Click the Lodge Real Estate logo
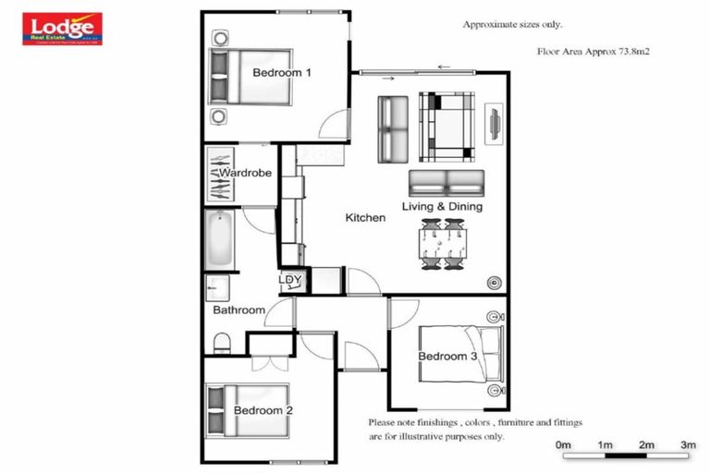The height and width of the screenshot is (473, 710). point(62,29)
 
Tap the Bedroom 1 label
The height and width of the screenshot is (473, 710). point(281,72)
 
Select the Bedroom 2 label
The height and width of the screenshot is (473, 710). point(263,410)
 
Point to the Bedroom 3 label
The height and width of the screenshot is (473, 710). point(447,357)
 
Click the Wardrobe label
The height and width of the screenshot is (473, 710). point(245,173)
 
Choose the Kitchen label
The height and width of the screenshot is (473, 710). point(365,218)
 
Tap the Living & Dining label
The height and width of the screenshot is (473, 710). point(442,207)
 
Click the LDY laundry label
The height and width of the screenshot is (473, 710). point(290,280)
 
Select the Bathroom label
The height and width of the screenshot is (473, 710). point(239,310)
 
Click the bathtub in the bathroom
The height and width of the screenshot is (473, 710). point(218,237)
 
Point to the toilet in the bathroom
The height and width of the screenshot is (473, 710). point(222,344)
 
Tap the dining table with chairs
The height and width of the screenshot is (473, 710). point(442,244)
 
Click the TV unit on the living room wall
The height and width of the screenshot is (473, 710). point(494,123)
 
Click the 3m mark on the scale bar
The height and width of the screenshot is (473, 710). point(687,446)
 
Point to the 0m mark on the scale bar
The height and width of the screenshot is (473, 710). point(563,446)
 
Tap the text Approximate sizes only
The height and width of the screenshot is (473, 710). point(512,25)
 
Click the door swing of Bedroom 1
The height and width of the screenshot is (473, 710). point(335,126)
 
